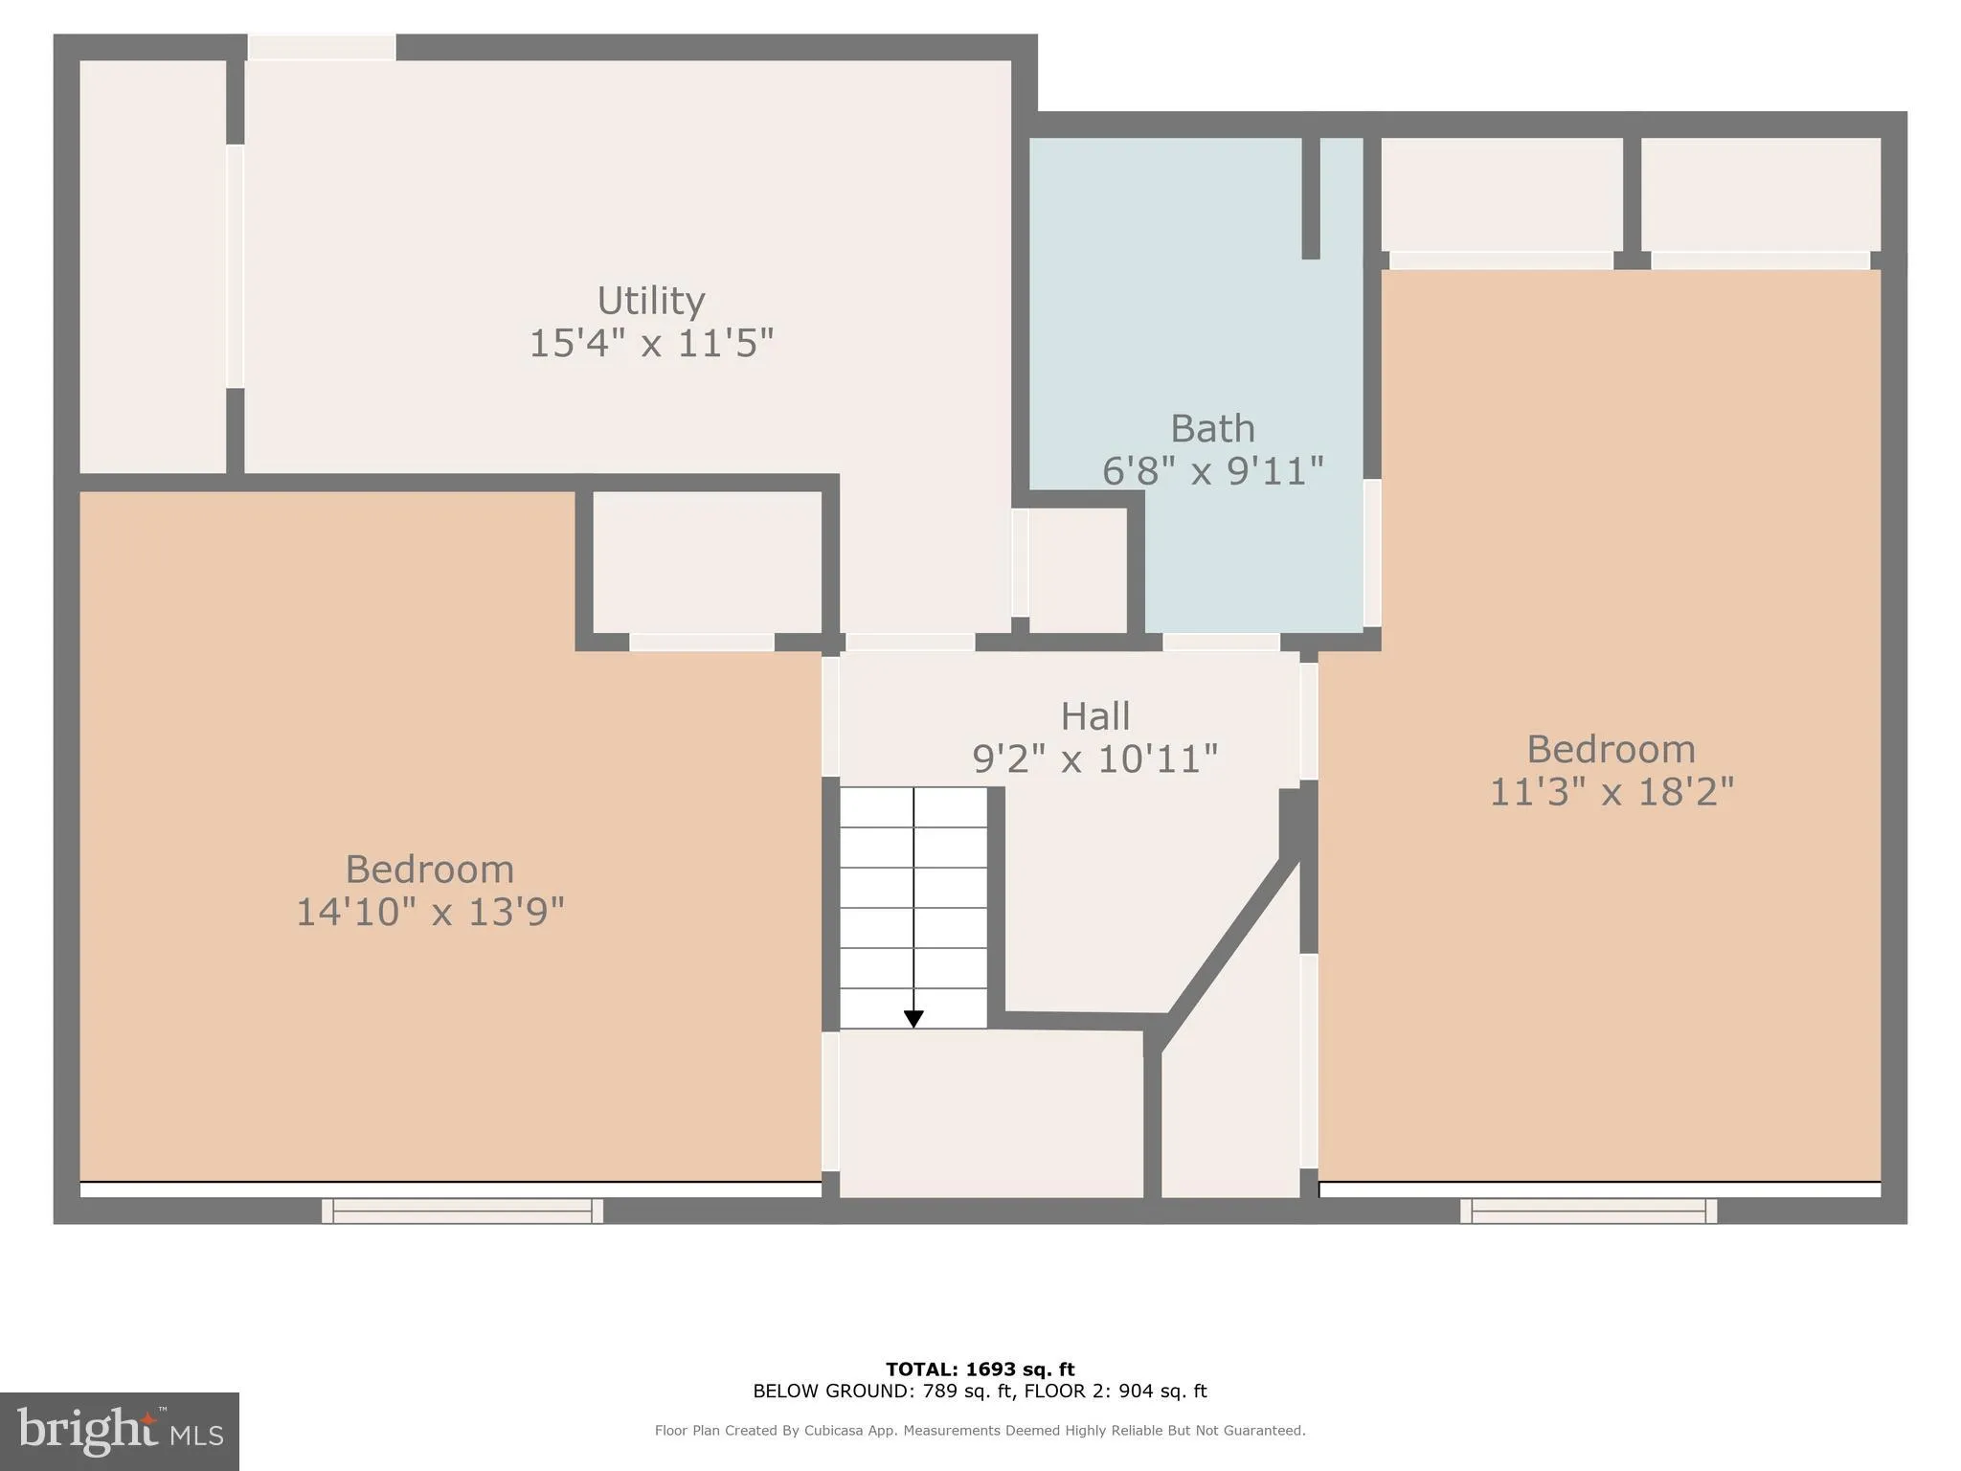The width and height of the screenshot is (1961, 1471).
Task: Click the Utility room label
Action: [651, 301]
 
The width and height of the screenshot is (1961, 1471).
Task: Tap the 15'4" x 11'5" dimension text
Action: [651, 343]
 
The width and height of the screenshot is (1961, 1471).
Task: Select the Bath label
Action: [1212, 428]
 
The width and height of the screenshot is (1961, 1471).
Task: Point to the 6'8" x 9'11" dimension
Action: [1212, 471]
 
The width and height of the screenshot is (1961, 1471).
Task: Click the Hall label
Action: [1094, 716]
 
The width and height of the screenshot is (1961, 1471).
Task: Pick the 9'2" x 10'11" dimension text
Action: [1094, 759]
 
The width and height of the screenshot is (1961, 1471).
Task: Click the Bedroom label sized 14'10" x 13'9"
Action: [429, 870]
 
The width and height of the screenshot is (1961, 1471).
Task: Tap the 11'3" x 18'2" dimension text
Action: [1612, 792]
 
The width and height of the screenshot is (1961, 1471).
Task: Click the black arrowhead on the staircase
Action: [913, 1019]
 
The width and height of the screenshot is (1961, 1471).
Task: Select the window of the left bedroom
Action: [462, 1211]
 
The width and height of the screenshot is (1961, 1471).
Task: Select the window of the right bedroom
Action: [1588, 1211]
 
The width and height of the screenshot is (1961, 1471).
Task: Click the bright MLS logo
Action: [120, 1431]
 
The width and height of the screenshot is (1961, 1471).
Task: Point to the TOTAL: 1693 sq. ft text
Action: [980, 1369]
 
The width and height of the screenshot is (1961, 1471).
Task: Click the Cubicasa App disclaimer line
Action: [980, 1431]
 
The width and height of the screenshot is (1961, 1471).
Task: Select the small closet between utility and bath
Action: [1077, 571]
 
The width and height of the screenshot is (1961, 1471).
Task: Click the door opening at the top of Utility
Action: [322, 47]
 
